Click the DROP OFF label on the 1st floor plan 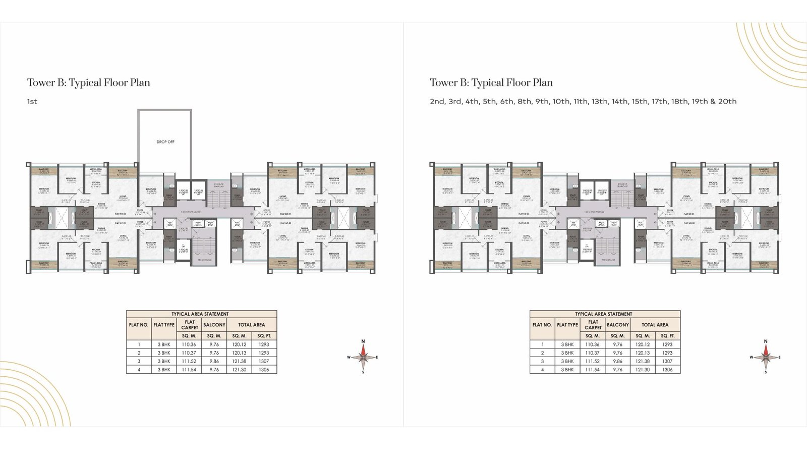pyautogui.click(x=165, y=142)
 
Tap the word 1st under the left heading pyautogui.click(x=32, y=102)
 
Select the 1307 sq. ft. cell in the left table pyautogui.click(x=264, y=361)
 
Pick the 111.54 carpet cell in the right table pyautogui.click(x=593, y=370)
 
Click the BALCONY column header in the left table pyautogui.click(x=214, y=325)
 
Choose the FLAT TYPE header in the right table pyautogui.click(x=567, y=325)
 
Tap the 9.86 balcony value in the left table pyautogui.click(x=214, y=361)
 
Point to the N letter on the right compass pyautogui.click(x=766, y=342)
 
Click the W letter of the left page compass pyautogui.click(x=349, y=357)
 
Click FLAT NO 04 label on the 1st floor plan pyautogui.click(x=120, y=214)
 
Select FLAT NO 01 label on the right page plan pyautogui.click(x=689, y=214)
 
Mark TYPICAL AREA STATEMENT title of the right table pyautogui.click(x=603, y=314)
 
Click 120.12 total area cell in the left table pyautogui.click(x=239, y=344)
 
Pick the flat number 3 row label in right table pyautogui.click(x=542, y=361)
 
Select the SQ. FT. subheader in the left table pyautogui.click(x=264, y=336)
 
